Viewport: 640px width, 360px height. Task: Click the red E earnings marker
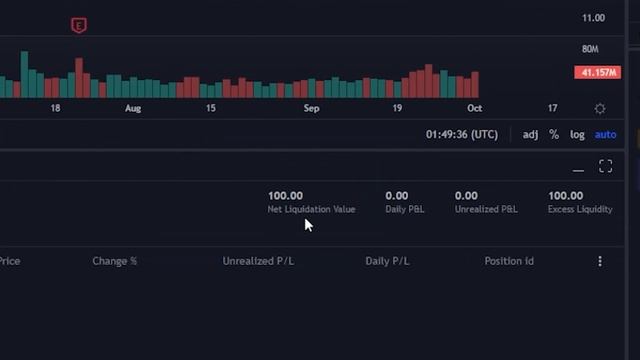tap(79, 26)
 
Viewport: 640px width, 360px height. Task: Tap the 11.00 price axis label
tap(593, 18)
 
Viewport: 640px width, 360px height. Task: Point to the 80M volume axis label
tap(590, 49)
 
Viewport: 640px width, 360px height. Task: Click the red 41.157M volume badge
tap(597, 72)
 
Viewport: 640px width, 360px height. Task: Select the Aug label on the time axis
tap(133, 108)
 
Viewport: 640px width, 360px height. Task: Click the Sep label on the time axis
tap(311, 108)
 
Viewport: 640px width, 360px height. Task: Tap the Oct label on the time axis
tap(474, 108)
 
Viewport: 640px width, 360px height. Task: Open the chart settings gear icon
tap(600, 108)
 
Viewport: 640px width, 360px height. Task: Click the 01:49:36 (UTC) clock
tap(461, 135)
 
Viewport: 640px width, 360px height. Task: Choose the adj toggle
tap(530, 135)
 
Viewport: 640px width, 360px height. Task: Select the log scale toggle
tap(577, 135)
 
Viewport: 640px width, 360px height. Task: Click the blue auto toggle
tap(605, 135)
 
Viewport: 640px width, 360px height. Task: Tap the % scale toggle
tap(554, 135)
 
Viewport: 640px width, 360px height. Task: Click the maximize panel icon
tap(605, 167)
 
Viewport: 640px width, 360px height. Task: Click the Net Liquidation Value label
tap(311, 210)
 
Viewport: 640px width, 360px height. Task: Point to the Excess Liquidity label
tap(580, 210)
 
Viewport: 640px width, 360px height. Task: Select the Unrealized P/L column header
tap(258, 261)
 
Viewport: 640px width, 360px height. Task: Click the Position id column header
tap(509, 261)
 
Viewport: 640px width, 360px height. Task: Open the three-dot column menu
tap(600, 261)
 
